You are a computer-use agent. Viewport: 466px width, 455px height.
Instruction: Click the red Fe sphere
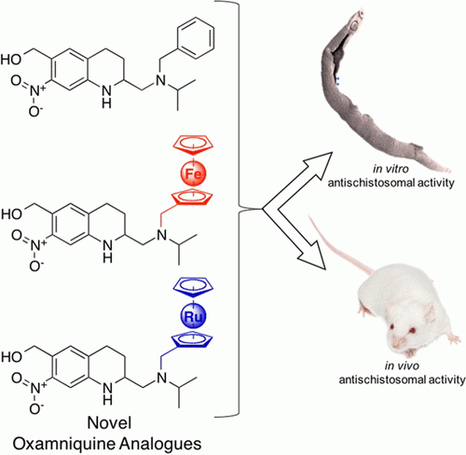coord(194,172)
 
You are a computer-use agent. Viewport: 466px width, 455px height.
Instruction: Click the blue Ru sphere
coord(194,316)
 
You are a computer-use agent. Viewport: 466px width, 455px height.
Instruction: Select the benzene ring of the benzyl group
coord(196,37)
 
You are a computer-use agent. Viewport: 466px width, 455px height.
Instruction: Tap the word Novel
coord(109,422)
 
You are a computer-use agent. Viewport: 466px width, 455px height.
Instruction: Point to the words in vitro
coord(391,169)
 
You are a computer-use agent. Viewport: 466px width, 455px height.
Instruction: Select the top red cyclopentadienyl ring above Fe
coord(193,145)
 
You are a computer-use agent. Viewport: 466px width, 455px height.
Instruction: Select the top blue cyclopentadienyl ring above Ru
coord(193,287)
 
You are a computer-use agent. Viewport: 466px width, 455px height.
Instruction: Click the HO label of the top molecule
coord(11,59)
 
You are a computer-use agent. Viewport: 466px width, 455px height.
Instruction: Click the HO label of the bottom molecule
coord(12,356)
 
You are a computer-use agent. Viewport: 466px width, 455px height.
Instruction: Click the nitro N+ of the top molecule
coord(38,91)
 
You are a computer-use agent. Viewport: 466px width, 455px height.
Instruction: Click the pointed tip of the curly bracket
coord(264,209)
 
